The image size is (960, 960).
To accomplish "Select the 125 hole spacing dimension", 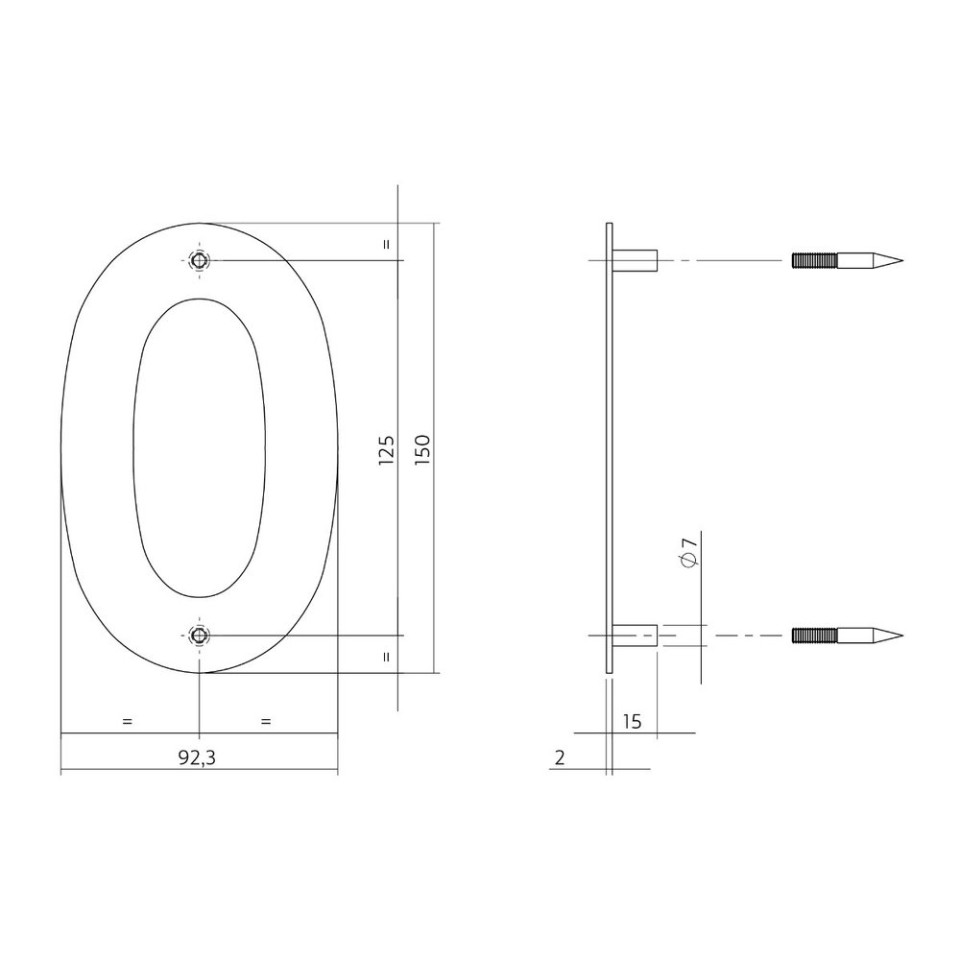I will pos(387,449).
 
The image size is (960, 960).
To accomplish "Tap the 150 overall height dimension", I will pos(423,449).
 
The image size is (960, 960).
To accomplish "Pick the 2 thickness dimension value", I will pos(559,757).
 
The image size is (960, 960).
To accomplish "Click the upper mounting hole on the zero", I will pos(199,260).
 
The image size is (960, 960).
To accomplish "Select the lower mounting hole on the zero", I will pos(199,635).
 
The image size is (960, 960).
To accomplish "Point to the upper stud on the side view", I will pos(636,260).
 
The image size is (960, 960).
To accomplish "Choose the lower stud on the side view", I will pos(636,635).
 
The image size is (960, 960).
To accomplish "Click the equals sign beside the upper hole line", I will pos(386,244).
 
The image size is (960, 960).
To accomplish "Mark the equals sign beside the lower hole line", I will pos(386,658).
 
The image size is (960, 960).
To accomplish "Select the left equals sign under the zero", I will pos(127,720).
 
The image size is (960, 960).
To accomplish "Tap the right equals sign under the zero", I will pos(266,720).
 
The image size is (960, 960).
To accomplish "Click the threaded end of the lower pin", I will pos(814,635).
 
